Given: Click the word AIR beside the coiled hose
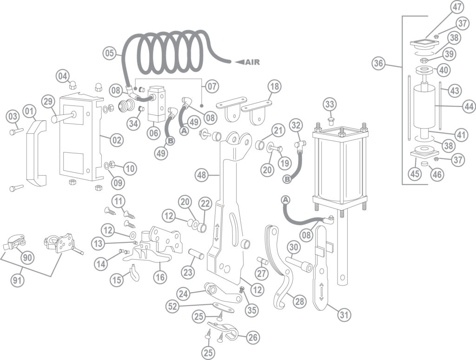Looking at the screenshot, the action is tap(252, 62).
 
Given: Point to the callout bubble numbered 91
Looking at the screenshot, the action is tap(17, 280).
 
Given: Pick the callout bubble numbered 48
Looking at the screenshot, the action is tap(202, 175).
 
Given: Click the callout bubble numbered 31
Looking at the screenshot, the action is tap(344, 315).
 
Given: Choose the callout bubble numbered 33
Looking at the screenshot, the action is tap(330, 105).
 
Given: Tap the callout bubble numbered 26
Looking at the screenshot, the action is tap(253, 337).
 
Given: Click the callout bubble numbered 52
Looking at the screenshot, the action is tap(173, 307).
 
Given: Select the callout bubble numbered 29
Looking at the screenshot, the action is tap(48, 102).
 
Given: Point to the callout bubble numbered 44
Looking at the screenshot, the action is tap(469, 106).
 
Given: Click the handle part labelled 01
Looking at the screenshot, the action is tap(37, 153).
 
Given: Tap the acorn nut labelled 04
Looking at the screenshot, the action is tap(72, 85).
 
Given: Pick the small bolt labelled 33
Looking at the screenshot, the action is tap(331, 122).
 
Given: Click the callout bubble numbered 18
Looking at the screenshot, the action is tap(274, 87).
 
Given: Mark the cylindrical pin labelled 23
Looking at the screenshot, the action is tap(197, 254).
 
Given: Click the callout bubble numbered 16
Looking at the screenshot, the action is tap(160, 276).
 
